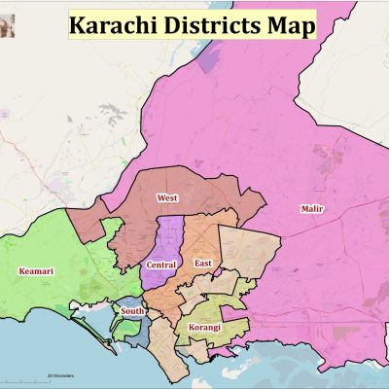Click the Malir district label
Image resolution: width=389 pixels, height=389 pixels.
point(312,210)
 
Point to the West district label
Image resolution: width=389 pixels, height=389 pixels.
point(166,197)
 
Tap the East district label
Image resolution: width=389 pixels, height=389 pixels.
point(203,264)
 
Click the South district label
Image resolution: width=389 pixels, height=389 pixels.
point(132,311)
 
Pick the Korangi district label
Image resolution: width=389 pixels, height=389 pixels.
point(204,328)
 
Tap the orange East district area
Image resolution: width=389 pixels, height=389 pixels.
point(204,238)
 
